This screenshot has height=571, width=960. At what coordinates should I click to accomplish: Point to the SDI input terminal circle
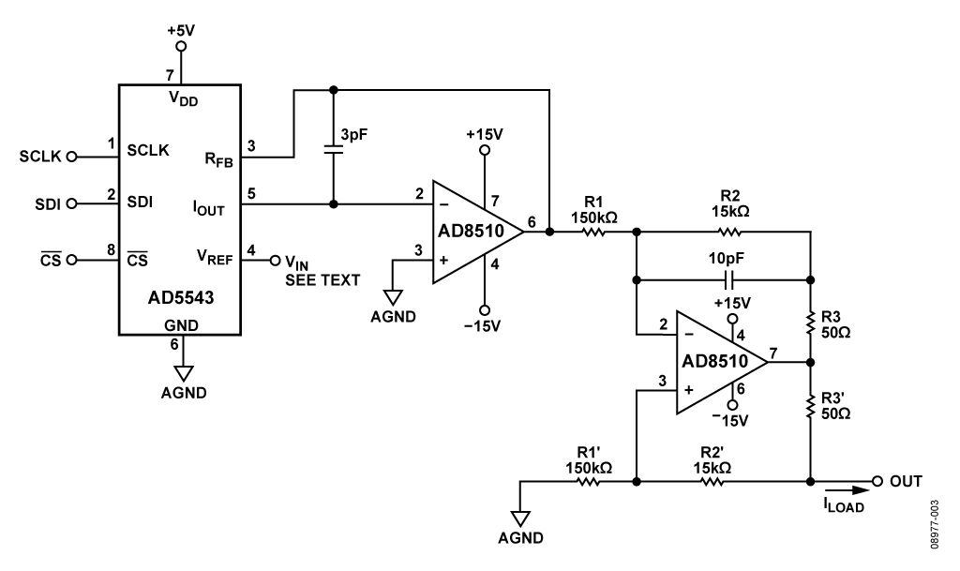coord(82,203)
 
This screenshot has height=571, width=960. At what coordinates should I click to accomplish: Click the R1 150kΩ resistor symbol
coord(593,230)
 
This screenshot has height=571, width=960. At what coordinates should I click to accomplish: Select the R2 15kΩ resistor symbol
coord(727,231)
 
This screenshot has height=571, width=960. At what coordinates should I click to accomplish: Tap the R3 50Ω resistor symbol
coord(809,323)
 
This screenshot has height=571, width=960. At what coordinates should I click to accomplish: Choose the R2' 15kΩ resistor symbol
coord(711,482)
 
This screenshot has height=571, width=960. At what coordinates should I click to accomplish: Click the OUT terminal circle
coord(877,482)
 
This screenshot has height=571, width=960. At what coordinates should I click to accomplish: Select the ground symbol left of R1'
coord(520,518)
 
